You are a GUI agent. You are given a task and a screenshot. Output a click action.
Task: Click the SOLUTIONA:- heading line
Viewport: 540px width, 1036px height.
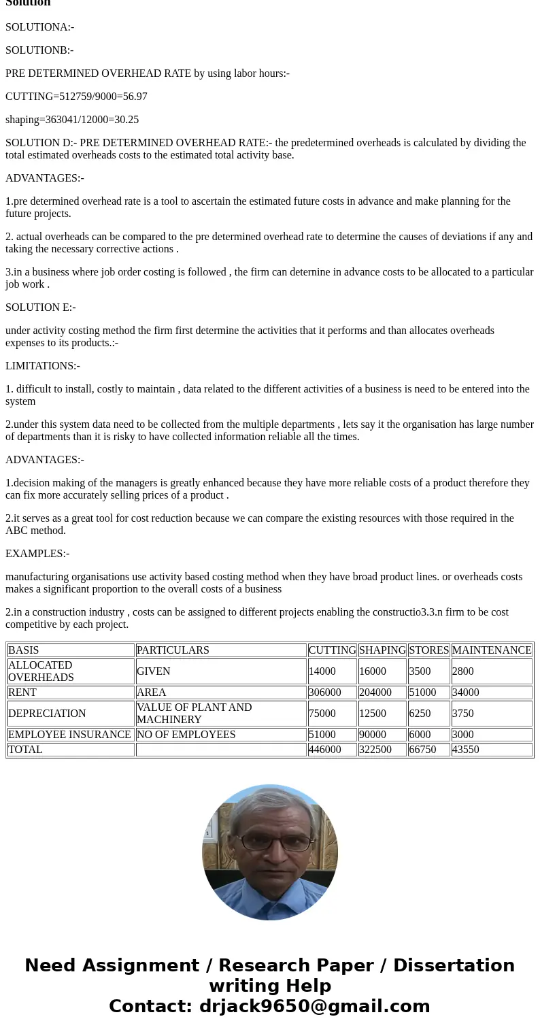(39, 27)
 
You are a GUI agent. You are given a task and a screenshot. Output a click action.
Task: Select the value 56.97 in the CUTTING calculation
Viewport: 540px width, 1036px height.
(135, 97)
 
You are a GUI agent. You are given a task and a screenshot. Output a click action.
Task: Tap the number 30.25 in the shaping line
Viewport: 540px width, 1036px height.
(126, 120)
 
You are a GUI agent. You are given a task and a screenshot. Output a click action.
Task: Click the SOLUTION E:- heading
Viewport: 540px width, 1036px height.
(40, 307)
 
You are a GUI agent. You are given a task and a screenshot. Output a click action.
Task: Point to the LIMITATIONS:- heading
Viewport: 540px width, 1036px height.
(43, 366)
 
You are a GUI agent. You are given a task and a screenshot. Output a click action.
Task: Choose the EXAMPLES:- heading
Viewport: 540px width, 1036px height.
(37, 554)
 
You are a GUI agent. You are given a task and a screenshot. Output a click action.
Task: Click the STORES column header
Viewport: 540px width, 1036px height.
(428, 650)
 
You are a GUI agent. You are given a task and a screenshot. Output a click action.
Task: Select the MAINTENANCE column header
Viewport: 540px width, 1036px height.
(491, 650)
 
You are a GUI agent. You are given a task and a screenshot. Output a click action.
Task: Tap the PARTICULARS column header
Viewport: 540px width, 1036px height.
(173, 650)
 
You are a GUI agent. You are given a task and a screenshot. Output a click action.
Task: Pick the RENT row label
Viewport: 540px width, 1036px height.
(22, 692)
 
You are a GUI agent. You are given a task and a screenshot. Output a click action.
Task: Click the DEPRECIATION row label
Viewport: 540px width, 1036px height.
(47, 714)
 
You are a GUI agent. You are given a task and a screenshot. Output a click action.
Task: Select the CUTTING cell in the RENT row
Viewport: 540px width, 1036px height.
(324, 692)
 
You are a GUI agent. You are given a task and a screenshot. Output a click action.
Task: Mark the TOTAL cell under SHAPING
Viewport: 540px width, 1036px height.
(375, 750)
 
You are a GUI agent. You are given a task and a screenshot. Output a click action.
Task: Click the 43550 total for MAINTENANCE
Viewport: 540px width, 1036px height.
(465, 750)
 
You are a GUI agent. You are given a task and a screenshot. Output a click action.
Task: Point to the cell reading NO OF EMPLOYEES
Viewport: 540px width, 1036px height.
(186, 735)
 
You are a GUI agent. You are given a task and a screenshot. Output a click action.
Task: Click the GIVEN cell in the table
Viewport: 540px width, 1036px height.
(153, 671)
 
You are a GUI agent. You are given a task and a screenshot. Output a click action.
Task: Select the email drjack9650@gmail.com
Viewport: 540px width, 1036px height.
(314, 1006)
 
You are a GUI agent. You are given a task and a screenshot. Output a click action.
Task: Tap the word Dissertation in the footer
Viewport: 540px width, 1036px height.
(454, 965)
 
